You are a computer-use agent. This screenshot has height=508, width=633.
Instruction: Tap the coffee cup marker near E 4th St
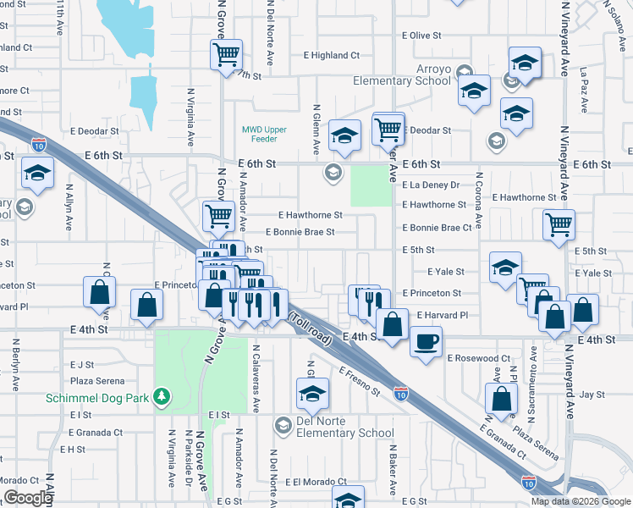(426, 341)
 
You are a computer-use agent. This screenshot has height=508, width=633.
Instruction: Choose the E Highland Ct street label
(332, 56)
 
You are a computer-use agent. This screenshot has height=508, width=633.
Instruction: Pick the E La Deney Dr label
(431, 185)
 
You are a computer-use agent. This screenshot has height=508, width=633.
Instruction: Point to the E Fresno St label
(360, 381)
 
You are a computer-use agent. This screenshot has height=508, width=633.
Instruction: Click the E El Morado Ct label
(316, 482)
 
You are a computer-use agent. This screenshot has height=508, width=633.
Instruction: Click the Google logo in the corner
(28, 498)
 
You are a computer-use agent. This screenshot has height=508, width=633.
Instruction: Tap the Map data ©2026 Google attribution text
(580, 501)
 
